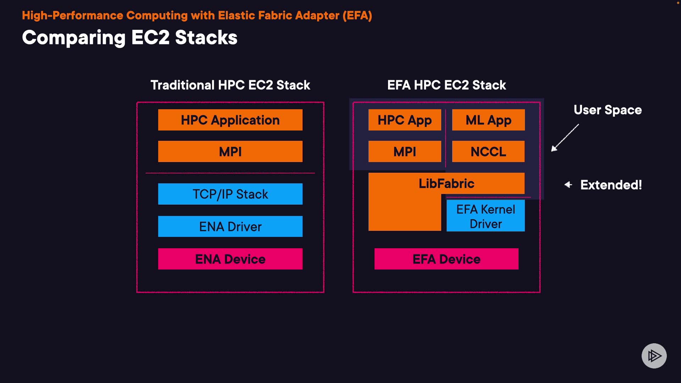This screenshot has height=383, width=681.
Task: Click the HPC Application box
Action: tap(230, 120)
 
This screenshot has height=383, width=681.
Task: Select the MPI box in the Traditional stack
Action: tap(230, 151)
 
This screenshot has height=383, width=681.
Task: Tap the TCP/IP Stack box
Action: tap(230, 194)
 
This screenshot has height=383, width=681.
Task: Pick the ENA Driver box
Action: tap(230, 226)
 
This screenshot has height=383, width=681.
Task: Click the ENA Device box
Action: tap(230, 259)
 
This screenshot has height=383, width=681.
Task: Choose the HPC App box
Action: tap(405, 120)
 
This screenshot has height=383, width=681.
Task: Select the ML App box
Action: tap(488, 120)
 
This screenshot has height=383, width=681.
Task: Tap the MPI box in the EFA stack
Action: tap(405, 151)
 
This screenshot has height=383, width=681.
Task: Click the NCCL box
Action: tap(488, 151)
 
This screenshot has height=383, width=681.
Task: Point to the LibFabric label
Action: tap(447, 183)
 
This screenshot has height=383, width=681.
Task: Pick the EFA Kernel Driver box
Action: tap(486, 216)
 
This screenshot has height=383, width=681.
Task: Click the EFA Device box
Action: tap(447, 259)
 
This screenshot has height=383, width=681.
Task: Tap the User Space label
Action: tap(608, 110)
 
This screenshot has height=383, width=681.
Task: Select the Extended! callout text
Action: tap(611, 185)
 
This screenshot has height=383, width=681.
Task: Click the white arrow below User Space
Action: tap(565, 138)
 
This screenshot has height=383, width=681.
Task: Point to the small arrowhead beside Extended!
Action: tap(568, 184)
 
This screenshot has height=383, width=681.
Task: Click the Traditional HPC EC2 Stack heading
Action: tap(230, 85)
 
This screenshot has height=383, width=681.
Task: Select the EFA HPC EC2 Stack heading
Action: tap(447, 85)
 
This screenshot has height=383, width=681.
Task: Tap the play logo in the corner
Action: tap(654, 356)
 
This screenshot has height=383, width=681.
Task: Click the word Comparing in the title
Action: tap(74, 38)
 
